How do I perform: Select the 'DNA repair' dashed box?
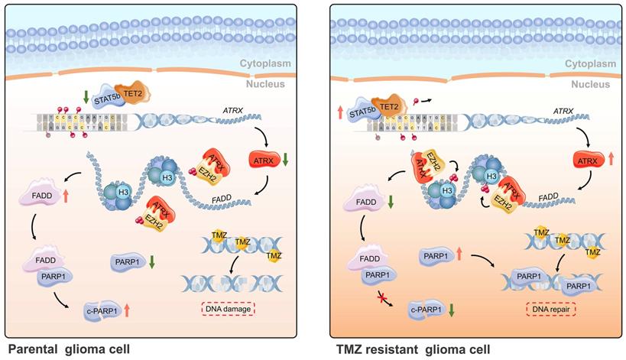550,309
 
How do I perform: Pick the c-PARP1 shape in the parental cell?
104,310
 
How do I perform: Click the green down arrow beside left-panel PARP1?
153,261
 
